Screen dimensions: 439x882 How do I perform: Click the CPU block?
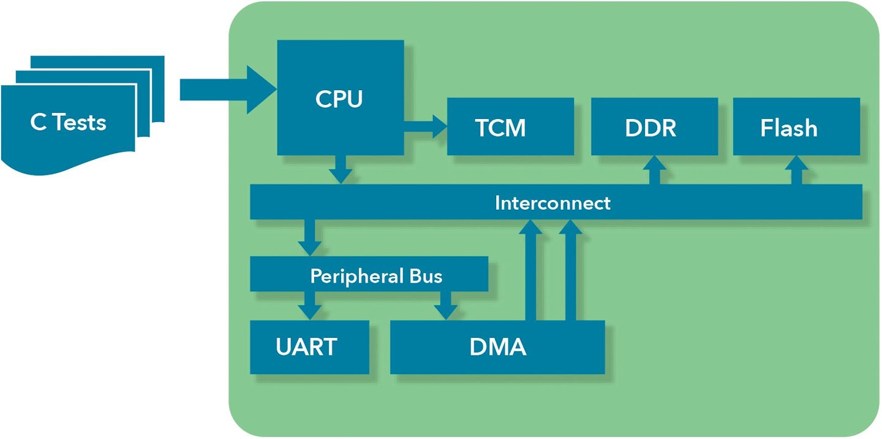[x=340, y=98]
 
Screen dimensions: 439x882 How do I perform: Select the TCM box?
[x=510, y=127]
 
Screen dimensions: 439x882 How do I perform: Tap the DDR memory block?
[x=654, y=127]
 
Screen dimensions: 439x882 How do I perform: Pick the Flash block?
[x=796, y=127]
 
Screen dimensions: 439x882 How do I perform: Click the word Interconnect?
[x=552, y=202]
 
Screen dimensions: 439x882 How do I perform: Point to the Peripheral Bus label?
[x=375, y=275]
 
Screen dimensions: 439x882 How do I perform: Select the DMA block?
[x=497, y=347]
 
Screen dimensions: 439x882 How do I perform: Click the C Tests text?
[x=68, y=123]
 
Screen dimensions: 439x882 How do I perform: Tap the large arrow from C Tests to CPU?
[x=227, y=90]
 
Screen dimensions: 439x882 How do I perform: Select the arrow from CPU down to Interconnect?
[x=340, y=169]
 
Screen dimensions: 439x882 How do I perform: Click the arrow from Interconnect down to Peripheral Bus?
[x=309, y=237]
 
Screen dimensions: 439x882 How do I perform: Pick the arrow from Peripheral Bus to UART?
[x=309, y=305]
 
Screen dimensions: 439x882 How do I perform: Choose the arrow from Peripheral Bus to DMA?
[x=445, y=305]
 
